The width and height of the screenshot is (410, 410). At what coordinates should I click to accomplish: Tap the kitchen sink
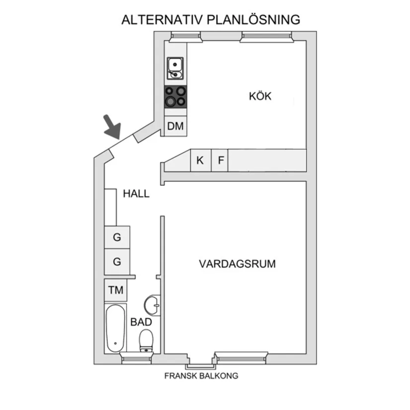click(175, 69)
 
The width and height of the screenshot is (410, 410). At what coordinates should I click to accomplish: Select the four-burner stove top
click(175, 96)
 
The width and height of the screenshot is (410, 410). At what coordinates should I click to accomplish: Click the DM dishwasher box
click(175, 126)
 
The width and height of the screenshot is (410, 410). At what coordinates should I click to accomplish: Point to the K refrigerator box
click(200, 161)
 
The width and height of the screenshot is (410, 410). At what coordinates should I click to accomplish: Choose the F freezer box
click(221, 161)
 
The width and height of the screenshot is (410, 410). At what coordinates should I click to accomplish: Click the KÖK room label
click(260, 96)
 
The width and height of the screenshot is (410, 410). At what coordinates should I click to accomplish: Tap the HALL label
click(136, 194)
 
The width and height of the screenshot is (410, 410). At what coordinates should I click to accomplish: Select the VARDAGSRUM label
click(237, 264)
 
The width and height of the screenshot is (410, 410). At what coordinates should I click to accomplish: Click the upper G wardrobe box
click(117, 237)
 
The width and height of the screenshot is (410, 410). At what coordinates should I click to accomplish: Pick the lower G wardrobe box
click(117, 261)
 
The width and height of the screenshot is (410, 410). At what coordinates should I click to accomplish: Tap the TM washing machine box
click(115, 290)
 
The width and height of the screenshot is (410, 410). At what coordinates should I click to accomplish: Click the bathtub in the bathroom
click(116, 328)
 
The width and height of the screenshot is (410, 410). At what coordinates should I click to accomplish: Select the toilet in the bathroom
click(146, 341)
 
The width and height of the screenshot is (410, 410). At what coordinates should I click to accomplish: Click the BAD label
click(141, 322)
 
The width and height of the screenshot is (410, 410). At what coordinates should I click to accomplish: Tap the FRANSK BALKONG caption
click(201, 376)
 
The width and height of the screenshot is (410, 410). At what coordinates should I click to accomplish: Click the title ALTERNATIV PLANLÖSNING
click(211, 20)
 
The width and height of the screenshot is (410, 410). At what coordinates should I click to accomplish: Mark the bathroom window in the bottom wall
click(136, 358)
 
